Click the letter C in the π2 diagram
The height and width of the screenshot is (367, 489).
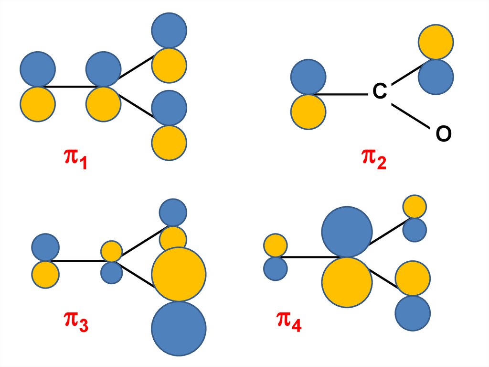coord(379,92)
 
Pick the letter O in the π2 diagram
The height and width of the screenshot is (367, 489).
coord(443,135)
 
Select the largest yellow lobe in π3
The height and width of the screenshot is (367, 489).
coord(179,274)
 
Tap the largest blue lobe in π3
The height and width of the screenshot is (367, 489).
coord(179,328)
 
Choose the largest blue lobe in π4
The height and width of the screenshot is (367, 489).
coord(347,232)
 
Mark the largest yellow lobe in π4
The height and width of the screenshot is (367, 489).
coord(347,282)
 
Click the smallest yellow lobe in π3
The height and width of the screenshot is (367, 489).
coord(112,251)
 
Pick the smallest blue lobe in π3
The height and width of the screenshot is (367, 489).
coord(112,272)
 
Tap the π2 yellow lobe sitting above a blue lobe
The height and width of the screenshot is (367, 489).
coord(436,42)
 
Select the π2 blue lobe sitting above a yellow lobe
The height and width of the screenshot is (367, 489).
coord(308,77)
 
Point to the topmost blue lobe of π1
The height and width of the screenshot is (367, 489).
coord(169,30)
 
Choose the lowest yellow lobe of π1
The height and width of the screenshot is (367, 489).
coord(169,143)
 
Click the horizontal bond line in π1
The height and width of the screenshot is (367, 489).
coord(71,87)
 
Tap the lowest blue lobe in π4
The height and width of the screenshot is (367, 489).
coord(413,313)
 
